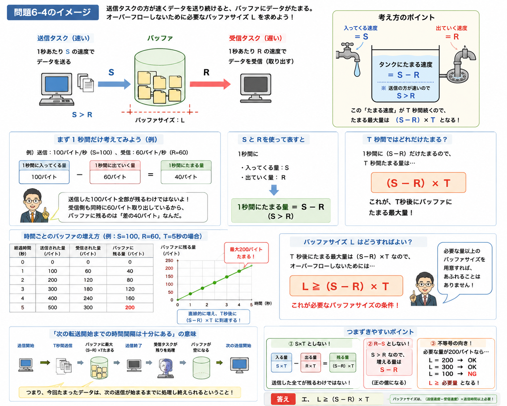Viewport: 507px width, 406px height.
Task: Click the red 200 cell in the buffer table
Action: coord(130,307)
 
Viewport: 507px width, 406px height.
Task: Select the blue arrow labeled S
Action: coord(114,84)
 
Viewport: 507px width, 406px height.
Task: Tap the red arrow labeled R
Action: coord(210,84)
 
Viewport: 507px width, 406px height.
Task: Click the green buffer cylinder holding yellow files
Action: coord(160,77)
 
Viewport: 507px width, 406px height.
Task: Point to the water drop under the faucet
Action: coord(357,69)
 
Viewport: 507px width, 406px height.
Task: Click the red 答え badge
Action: coord(283,399)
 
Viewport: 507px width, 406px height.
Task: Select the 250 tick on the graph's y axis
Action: coord(169,260)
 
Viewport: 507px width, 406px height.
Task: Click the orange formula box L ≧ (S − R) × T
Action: coord(346,286)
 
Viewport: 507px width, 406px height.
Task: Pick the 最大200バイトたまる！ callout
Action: coord(246,253)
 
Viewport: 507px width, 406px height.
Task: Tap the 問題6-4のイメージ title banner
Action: coord(53,12)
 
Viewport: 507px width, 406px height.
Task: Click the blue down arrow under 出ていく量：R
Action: coord(274,190)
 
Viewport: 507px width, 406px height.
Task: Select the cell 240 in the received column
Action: coord(88,298)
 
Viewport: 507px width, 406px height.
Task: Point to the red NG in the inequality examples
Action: coord(472,374)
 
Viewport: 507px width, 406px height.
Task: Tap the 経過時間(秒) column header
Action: coord(23,251)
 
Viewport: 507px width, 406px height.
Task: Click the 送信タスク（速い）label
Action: coord(63,38)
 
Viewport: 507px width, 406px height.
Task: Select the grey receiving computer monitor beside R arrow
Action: coord(256,88)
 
